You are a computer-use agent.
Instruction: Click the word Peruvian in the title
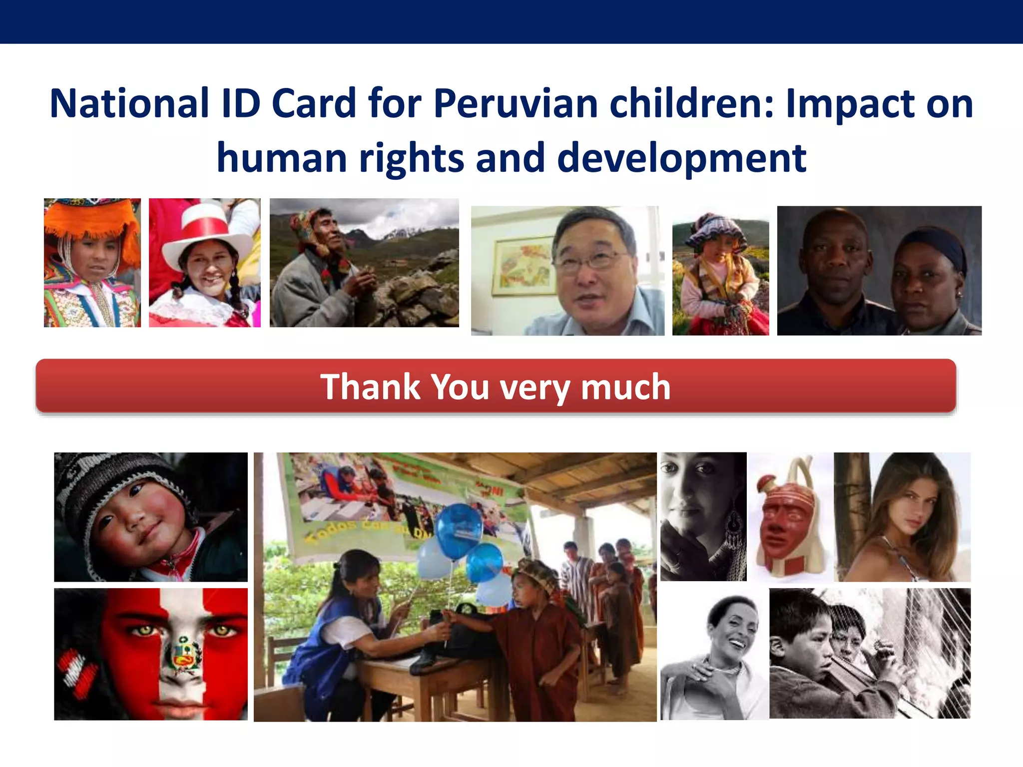click(x=515, y=104)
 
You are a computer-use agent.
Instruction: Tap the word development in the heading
click(x=681, y=158)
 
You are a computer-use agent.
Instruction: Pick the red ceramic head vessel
click(x=786, y=524)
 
